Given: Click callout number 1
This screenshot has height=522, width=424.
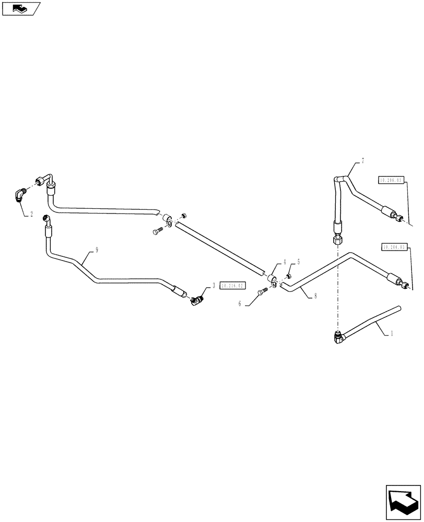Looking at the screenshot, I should [392, 332].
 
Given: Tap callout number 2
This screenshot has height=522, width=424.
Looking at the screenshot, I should [31, 214].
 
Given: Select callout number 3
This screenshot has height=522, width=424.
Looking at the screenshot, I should [214, 286].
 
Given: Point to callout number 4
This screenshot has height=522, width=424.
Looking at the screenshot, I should [285, 262].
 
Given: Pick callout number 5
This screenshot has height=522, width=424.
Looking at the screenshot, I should [299, 262].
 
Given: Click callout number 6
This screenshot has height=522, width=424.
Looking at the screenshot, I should [240, 303].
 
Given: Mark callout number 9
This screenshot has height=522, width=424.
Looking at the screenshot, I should [96, 250].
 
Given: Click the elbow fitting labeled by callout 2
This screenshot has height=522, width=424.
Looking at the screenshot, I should [19, 195].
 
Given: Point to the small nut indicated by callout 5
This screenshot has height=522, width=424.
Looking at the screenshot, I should [288, 276].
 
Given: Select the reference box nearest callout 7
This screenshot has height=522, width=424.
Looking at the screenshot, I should [390, 180].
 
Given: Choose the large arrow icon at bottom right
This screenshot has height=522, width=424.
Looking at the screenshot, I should [404, 502].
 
